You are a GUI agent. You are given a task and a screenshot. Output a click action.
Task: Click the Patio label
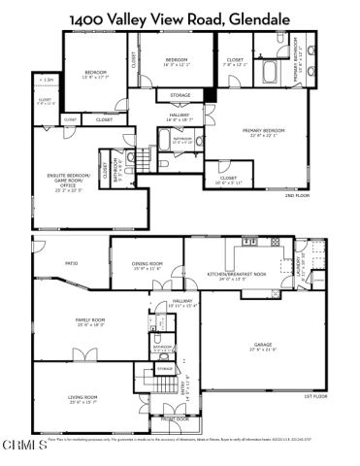click(71, 263)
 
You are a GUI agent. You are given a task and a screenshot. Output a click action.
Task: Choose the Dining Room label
click(146, 264)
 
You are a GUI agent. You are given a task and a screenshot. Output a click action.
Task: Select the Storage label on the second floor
click(180, 95)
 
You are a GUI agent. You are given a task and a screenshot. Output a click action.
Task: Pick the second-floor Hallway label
click(176, 116)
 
